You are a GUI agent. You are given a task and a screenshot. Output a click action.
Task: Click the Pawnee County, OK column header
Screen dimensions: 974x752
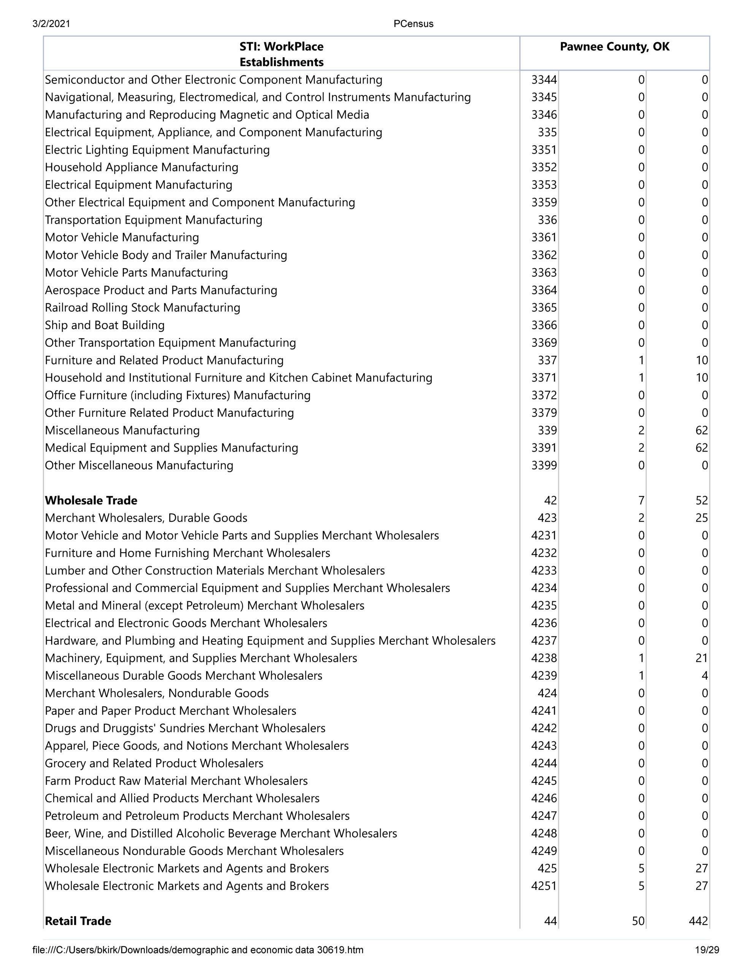[x=614, y=47]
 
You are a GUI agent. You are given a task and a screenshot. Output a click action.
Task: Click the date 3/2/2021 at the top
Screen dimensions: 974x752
[x=51, y=24]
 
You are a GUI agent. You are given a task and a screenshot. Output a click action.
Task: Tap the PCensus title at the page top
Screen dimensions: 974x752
[x=413, y=24]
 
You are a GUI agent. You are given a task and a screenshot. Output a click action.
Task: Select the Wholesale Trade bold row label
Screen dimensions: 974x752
[x=91, y=500]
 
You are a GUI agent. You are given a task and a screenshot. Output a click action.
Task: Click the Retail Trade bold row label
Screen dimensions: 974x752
[x=78, y=921]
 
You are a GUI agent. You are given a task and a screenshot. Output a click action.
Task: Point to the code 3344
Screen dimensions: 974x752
[x=544, y=80]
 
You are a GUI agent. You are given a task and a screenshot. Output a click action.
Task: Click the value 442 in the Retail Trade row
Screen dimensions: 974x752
[x=698, y=921]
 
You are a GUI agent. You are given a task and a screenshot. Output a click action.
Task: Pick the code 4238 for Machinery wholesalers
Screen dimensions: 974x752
[x=544, y=658]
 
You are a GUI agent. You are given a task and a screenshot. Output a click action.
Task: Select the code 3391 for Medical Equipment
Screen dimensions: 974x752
[x=544, y=448]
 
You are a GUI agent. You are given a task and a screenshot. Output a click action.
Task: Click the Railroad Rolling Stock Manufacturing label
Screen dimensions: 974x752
[x=143, y=308]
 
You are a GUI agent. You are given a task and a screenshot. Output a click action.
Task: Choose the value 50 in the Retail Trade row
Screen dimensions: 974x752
[x=638, y=921]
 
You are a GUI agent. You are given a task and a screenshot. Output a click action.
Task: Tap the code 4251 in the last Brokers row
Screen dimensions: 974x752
[x=544, y=886]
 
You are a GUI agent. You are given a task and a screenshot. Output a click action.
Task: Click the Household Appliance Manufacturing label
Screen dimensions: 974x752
[x=142, y=167]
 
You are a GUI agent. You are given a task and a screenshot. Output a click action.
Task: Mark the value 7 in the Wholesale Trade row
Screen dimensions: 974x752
[x=641, y=500]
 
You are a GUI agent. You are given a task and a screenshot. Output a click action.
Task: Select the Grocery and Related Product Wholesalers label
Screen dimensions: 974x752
[x=154, y=763]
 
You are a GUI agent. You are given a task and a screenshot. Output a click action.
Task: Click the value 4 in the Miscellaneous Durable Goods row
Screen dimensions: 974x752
[x=704, y=676]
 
